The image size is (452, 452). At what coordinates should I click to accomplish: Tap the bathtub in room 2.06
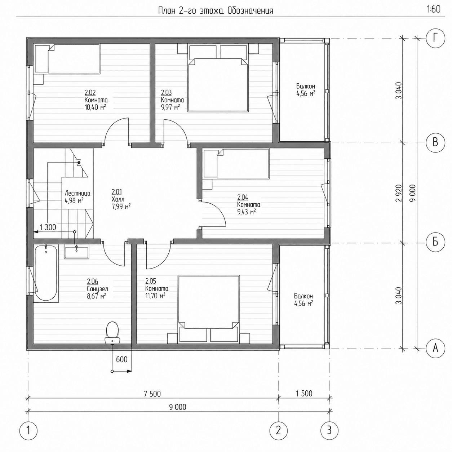46,273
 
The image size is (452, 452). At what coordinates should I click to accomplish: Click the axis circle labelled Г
435,38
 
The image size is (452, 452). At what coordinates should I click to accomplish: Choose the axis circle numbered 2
278,431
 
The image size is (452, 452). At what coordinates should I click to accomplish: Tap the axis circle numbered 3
329,431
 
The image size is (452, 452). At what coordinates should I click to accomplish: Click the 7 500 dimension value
152,394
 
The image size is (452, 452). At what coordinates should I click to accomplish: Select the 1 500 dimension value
304,393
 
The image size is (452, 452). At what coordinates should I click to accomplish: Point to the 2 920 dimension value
399,193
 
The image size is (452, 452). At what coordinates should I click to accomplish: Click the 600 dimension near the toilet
122,359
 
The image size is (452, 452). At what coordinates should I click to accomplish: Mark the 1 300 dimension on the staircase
48,227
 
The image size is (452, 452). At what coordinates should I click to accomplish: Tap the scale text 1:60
434,9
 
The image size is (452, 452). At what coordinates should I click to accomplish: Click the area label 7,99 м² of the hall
121,207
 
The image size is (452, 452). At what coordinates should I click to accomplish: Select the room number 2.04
243,197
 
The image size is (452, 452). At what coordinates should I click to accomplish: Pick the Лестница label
77,194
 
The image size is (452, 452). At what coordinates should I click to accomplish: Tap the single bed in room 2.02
67,59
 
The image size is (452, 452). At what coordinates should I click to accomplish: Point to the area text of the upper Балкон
306,94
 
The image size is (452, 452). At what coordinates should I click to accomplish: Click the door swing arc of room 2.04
219,212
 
